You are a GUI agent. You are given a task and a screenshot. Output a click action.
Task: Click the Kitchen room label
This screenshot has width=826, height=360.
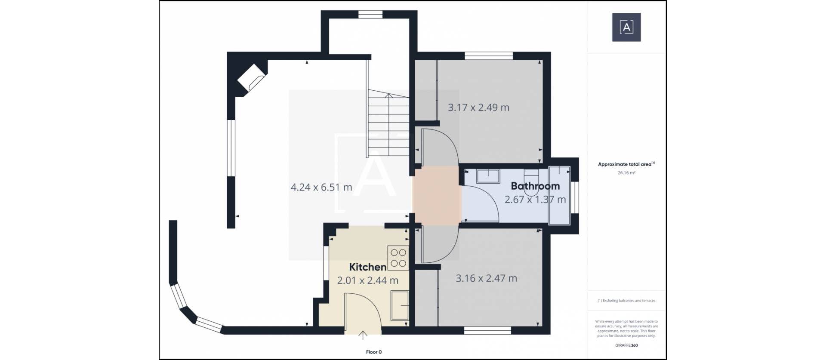[x=367, y=267]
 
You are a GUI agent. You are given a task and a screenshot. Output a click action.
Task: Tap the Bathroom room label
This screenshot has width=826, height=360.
[x=535, y=186]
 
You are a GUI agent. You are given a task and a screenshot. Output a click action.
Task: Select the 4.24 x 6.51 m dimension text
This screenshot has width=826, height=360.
[x=321, y=188]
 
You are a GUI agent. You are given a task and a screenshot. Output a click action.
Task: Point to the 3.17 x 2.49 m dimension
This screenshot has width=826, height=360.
[x=478, y=108]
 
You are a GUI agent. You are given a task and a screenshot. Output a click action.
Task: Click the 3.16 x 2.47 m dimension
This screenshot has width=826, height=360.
[x=486, y=278]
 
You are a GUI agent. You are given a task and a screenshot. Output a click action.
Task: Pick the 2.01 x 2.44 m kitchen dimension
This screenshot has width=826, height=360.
[x=367, y=281]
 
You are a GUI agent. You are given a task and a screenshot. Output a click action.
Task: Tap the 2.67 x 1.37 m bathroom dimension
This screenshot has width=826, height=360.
[x=535, y=200]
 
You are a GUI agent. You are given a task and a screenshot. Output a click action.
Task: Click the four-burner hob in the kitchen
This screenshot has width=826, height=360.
[x=398, y=257]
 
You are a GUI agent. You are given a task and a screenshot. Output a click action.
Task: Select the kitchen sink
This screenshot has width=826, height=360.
[x=400, y=305]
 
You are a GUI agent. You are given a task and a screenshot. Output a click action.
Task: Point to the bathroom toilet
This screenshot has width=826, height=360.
[x=531, y=178]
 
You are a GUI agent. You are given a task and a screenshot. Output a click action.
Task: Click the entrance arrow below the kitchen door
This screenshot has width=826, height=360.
[x=363, y=335]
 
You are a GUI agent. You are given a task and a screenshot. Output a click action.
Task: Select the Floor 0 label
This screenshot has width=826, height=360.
[x=374, y=352]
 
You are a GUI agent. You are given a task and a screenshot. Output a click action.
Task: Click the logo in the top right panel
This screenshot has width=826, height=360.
[x=626, y=27]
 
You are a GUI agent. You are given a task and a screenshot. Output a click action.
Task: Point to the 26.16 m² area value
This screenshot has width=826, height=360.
[x=626, y=173]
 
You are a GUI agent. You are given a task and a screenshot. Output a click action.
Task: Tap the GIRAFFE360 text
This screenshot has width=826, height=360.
[x=626, y=345]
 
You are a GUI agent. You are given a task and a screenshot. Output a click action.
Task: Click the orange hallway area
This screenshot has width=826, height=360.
[x=437, y=195]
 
